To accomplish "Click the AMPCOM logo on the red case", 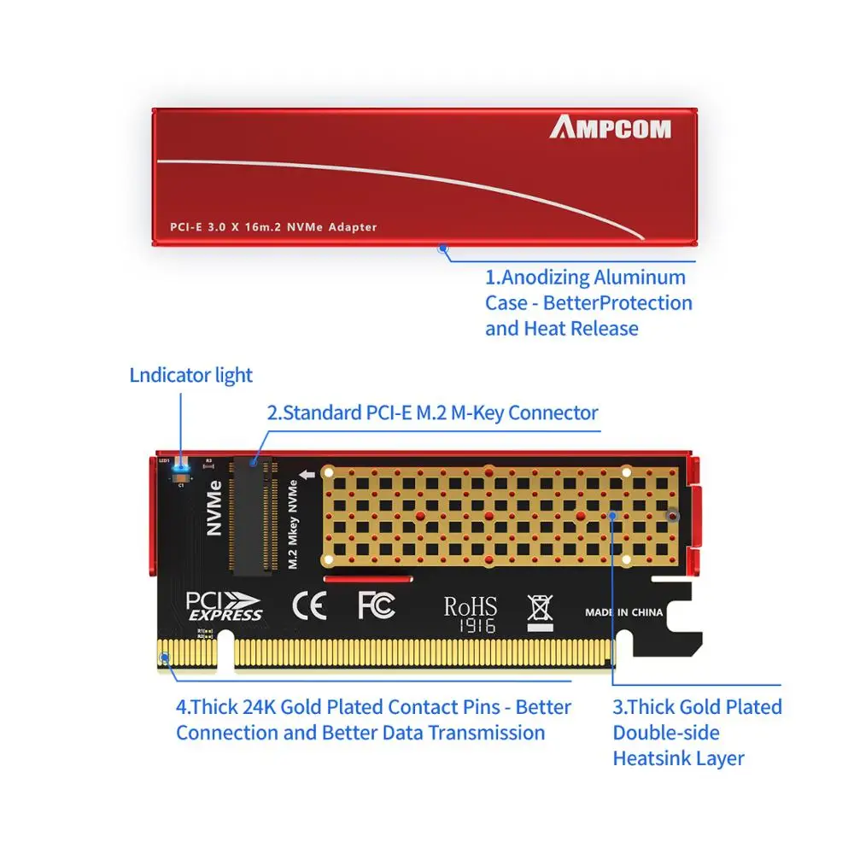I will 610,128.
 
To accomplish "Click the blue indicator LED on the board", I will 180,466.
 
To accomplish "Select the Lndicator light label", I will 191,375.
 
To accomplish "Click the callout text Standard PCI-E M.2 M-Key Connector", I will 432,413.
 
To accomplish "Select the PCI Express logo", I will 225,605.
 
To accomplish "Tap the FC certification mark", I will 376,605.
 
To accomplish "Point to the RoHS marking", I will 470,606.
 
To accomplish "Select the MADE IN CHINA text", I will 623,612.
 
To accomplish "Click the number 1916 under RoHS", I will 470,626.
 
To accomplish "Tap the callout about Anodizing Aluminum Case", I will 588,303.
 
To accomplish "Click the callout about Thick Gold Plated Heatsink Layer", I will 697,732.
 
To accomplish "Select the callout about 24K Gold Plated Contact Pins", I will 373,720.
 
